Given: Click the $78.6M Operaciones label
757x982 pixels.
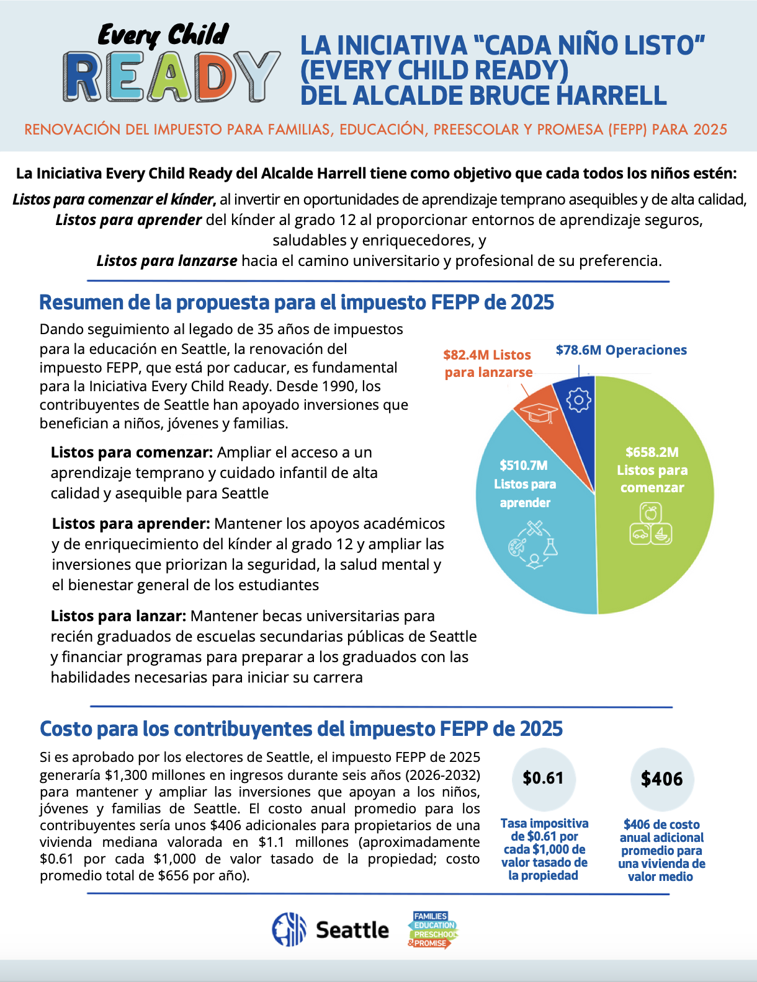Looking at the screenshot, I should [621, 350].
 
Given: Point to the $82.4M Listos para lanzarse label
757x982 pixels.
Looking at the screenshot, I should [488, 363].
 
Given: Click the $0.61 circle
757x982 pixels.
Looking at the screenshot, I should [544, 779].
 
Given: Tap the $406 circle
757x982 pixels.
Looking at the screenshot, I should [661, 779].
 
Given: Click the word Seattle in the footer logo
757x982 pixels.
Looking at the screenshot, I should [352, 930].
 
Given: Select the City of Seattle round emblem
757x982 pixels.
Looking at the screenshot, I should [289, 929].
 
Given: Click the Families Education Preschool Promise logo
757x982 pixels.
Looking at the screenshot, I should [433, 929].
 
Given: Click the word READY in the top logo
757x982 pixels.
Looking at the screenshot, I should [171, 77].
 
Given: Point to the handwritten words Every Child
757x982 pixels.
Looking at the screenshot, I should [163, 35].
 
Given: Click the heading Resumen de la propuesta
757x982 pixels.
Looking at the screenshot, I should [297, 303].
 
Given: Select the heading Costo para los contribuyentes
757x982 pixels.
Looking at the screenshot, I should [301, 729].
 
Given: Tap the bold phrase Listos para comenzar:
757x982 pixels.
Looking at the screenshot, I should [132, 453].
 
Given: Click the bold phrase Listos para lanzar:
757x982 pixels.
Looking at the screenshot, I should [119, 616].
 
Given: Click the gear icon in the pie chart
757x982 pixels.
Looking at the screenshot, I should [579, 400].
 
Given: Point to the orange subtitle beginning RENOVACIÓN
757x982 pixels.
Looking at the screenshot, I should [375, 130].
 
